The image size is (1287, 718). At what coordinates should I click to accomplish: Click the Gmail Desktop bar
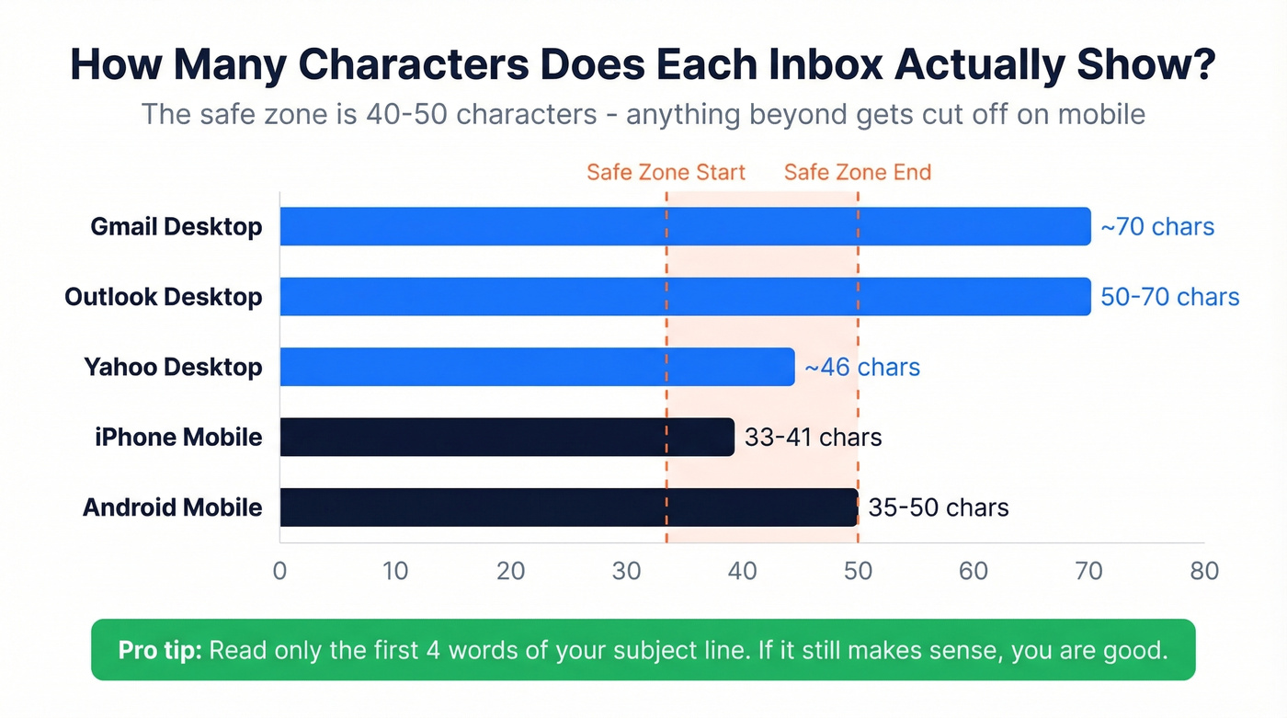click(x=685, y=226)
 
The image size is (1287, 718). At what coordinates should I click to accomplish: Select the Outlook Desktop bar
click(x=685, y=296)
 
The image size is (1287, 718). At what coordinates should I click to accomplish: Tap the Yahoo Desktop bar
click(x=537, y=367)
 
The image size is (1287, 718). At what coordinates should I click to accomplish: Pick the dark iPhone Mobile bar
click(x=507, y=437)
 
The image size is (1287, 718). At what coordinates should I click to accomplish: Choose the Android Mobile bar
click(x=568, y=507)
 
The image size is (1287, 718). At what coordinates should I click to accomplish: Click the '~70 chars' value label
click(x=1157, y=227)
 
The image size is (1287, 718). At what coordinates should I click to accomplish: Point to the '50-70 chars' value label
click(x=1169, y=297)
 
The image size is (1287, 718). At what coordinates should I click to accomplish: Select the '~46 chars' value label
click(x=861, y=368)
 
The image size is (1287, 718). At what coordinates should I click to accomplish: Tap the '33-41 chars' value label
click(x=813, y=438)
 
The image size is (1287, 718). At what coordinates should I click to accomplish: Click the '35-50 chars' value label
click(x=938, y=507)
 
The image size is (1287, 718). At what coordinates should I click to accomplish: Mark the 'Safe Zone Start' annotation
click(x=666, y=173)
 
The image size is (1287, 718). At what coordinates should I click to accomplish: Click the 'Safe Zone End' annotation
click(x=857, y=173)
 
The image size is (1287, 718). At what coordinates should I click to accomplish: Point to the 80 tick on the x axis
click(x=1203, y=571)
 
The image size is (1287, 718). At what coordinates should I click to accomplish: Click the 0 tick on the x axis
click(x=279, y=571)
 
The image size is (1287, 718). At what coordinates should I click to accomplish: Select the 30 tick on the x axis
click(x=626, y=571)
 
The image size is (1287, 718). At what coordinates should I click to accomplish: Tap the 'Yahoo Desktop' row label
click(x=173, y=367)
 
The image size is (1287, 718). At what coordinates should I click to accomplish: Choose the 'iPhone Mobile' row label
click(x=178, y=437)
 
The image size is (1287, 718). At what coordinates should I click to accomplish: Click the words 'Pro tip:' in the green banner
click(x=160, y=651)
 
